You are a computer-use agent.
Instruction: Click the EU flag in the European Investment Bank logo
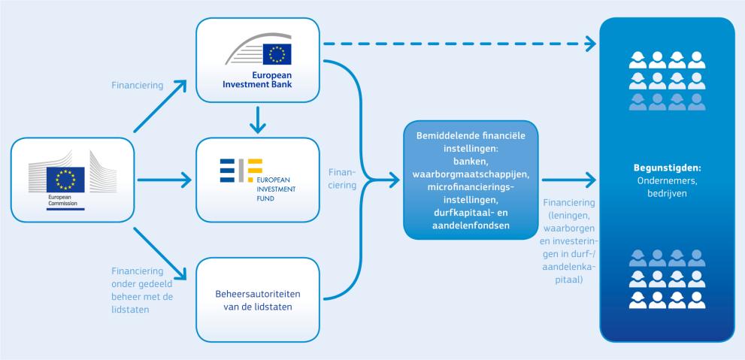click(277, 53)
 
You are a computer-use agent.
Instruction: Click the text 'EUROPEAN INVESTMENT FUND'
click(277, 189)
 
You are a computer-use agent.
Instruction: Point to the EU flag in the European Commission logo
click(65, 180)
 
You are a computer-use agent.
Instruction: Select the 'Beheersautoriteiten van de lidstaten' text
click(257, 301)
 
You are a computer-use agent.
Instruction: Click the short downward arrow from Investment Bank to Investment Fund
click(257, 119)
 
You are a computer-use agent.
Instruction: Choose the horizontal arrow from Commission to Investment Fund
click(163, 180)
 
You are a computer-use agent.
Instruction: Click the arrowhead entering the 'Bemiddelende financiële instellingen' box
click(394, 180)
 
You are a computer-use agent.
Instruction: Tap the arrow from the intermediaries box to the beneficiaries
click(568, 180)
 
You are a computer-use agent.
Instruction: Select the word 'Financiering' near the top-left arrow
click(137, 85)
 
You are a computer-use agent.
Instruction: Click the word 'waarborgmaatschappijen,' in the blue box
click(471, 174)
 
